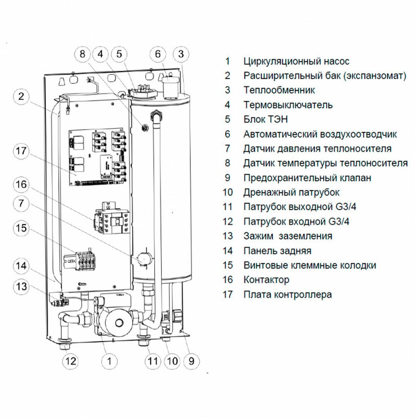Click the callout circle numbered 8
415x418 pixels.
(82, 54)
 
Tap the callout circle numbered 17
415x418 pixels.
(21, 151)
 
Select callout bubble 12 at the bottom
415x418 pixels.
(71, 361)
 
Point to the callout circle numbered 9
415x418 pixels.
(191, 361)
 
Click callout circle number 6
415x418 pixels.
(158, 54)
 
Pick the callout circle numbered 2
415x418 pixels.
(21, 97)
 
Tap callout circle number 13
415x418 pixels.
(21, 287)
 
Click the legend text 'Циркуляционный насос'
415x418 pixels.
(296, 61)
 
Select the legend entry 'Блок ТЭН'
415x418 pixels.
(265, 119)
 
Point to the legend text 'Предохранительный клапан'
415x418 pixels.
(307, 178)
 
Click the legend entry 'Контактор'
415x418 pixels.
(266, 280)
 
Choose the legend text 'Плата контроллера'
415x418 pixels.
(288, 294)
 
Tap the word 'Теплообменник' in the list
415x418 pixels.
(279, 90)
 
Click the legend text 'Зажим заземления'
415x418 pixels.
(288, 236)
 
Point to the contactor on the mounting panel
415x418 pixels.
(111, 218)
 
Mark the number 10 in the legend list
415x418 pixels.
(228, 192)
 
